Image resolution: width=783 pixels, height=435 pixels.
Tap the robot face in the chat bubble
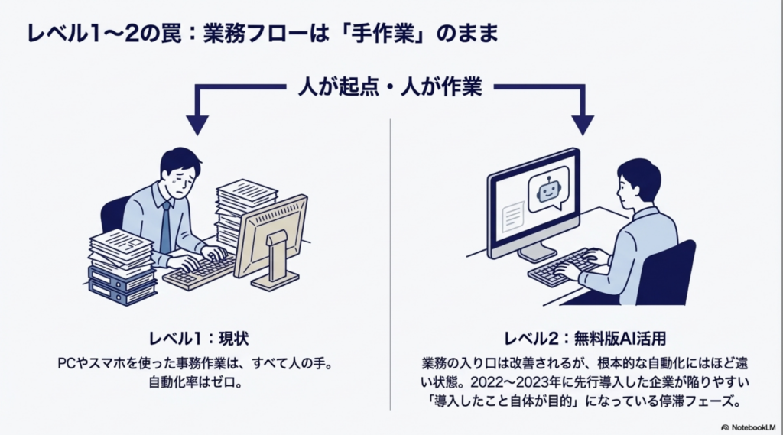[547, 190]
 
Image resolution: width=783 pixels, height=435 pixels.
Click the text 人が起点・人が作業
[389, 86]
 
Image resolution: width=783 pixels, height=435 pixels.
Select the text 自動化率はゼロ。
[198, 381]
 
